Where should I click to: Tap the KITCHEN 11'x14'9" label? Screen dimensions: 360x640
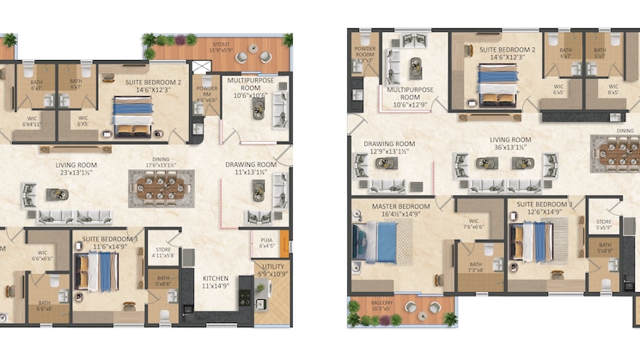click(215, 283)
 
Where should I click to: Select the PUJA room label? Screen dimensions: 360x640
click(266, 241)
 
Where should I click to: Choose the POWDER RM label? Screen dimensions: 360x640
click(206, 93)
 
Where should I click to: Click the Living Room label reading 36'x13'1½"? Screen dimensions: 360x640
click(510, 143)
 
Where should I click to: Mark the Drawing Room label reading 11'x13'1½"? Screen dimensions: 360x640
click(251, 168)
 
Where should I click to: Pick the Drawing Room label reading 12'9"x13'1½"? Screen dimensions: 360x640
click(389, 149)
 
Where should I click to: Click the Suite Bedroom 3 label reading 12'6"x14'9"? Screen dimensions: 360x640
click(539, 208)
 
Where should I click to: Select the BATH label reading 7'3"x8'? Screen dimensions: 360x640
click(475, 266)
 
